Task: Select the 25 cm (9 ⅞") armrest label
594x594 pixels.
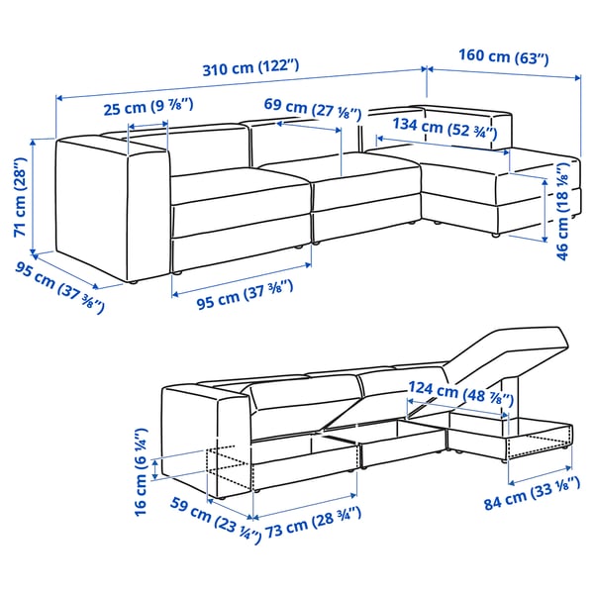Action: tap(147, 107)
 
